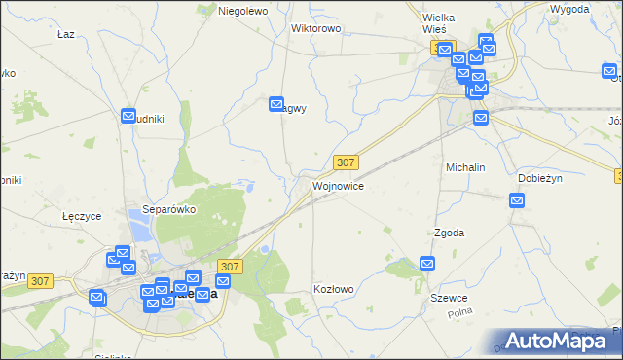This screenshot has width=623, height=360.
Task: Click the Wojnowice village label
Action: [338, 185]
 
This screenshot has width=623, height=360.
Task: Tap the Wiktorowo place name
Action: [315, 28]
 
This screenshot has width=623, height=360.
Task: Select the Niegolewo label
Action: [242, 11]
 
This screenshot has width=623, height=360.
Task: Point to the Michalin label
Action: [465, 167]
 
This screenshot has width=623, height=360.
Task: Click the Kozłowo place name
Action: [333, 289]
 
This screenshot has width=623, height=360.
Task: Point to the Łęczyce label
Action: [82, 216]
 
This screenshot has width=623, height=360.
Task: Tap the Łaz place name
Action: [66, 34]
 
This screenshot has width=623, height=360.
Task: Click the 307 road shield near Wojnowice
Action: [346, 162]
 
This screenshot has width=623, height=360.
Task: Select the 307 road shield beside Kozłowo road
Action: [230, 266]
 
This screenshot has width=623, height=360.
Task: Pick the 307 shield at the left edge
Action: [40, 281]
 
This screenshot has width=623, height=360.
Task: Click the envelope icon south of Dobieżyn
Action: [517, 200]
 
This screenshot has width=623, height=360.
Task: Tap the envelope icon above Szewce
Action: [427, 263]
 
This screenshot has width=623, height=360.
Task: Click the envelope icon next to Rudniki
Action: [128, 116]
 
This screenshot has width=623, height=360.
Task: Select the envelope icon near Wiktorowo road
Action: [276, 102]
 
